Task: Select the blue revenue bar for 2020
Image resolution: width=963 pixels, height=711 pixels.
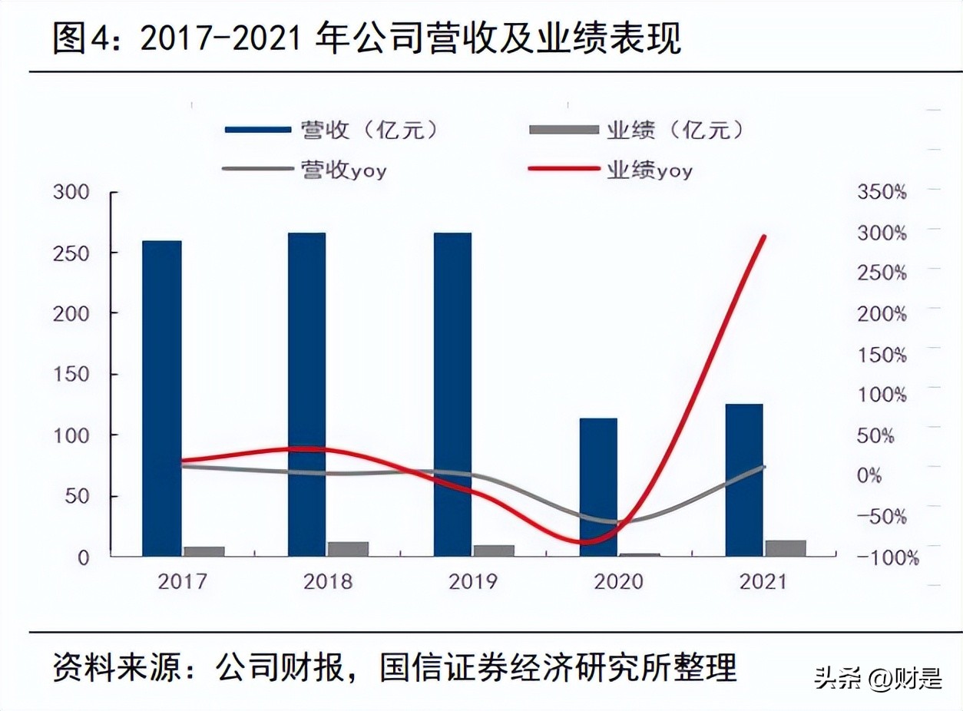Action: pos(598,487)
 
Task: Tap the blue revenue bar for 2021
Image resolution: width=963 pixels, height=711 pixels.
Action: pos(744,480)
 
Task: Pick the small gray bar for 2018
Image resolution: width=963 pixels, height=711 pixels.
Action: pos(348,548)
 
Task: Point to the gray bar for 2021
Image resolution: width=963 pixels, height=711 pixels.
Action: pos(785,547)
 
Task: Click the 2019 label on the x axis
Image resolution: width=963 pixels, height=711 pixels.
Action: pos(473,581)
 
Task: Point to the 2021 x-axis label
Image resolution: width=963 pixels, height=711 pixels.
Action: pos(764,581)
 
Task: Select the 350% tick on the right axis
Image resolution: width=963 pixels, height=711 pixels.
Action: pos(882,192)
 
